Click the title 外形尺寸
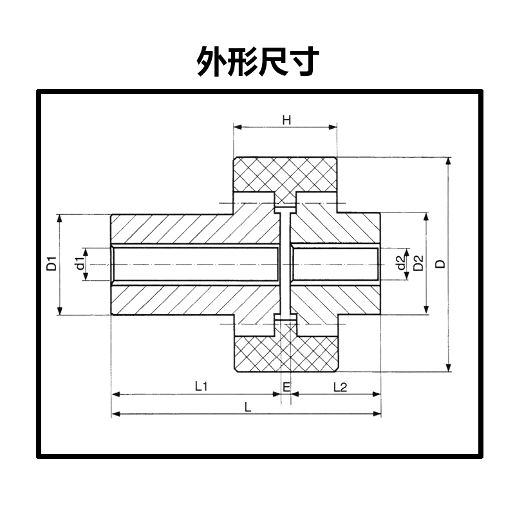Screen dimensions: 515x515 (x=257, y=62)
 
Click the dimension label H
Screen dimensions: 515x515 (x=286, y=119)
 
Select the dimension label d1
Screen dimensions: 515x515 (x=80, y=264)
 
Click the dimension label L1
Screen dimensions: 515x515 (x=200, y=386)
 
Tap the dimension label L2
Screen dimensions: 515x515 (x=340, y=386)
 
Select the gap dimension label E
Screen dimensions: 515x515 (x=286, y=386)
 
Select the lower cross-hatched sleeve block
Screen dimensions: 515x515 (x=285, y=355)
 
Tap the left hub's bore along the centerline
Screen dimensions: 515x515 (x=196, y=264)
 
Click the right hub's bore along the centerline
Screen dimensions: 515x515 (x=335, y=264)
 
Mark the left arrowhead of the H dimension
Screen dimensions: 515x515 (x=236, y=127)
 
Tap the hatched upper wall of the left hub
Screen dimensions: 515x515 (x=193, y=229)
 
